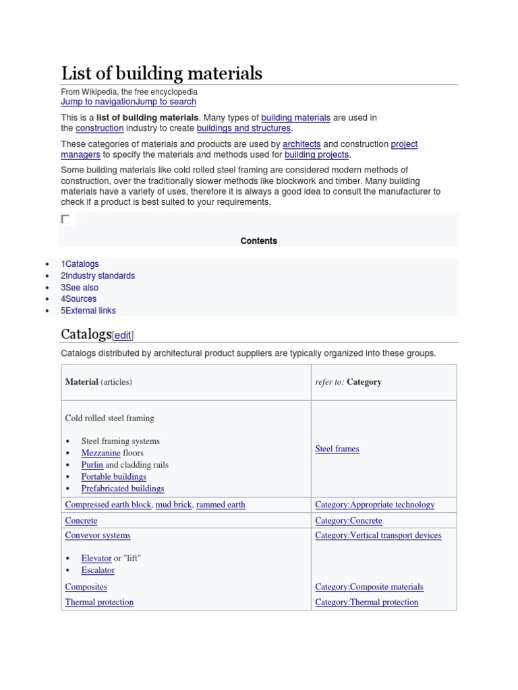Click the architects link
click(301, 144)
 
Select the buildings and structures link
click(243, 128)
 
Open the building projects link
click(317, 155)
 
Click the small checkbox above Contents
click(65, 219)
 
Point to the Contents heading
click(258, 241)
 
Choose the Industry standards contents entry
click(100, 276)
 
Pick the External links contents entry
click(90, 311)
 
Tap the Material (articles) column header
click(98, 382)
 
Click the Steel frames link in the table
click(337, 449)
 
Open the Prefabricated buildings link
click(122, 489)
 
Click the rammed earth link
click(221, 505)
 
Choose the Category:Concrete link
click(348, 521)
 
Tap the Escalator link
click(98, 570)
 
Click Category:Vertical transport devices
click(378, 536)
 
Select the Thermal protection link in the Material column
click(99, 602)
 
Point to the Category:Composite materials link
click(369, 587)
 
